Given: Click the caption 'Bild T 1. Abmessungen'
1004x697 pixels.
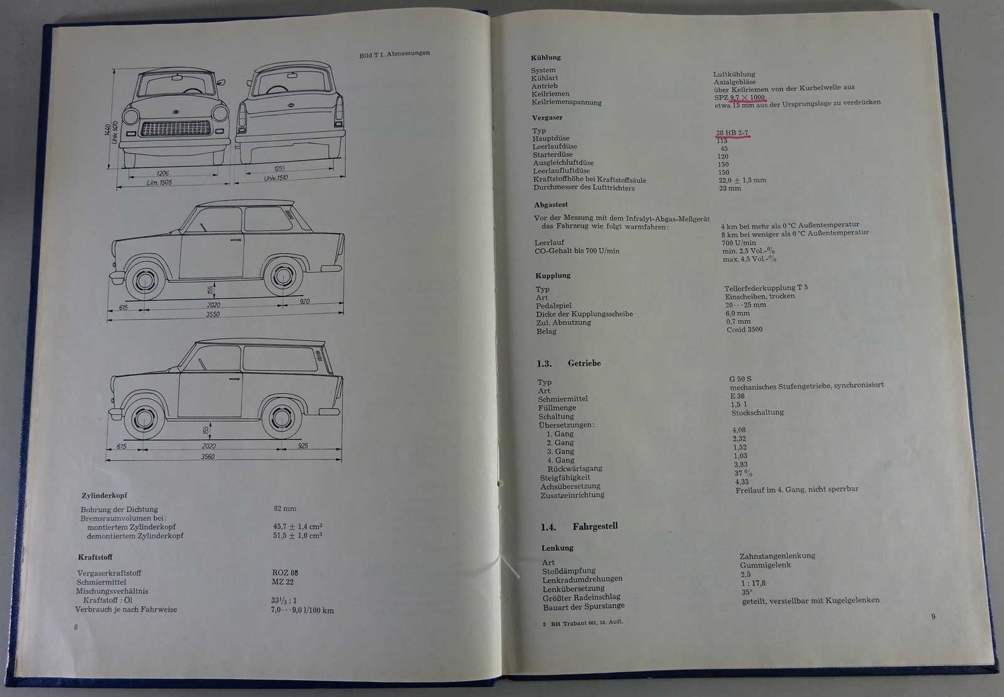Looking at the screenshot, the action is click(395, 54).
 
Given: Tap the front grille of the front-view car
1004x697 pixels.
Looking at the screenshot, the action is click(176, 128).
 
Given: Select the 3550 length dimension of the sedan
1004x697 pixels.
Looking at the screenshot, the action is click(213, 314).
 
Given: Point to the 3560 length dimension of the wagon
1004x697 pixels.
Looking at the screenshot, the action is click(208, 456).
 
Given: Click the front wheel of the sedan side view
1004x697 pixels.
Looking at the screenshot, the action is click(145, 281).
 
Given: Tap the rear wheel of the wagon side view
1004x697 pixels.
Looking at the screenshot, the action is click(282, 419).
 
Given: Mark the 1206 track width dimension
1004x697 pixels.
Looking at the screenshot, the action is click(163, 173).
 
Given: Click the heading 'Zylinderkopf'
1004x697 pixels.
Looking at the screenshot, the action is click(104, 496).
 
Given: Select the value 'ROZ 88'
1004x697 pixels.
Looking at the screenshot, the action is click(285, 572).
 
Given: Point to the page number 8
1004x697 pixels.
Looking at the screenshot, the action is click(76, 627).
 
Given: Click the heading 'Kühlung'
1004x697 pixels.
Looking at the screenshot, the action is click(545, 57).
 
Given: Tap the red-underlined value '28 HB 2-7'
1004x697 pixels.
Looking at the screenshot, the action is click(732, 132).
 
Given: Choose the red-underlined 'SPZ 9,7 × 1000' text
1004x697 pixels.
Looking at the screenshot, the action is click(740, 98).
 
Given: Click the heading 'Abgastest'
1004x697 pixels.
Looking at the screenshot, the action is click(551, 204).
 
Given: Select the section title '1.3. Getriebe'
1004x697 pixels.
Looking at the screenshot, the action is click(569, 363).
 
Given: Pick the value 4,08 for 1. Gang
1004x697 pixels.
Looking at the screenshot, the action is click(739, 430).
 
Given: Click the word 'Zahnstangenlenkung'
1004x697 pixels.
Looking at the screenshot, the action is click(777, 556).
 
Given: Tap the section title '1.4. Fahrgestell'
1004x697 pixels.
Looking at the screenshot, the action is click(579, 527).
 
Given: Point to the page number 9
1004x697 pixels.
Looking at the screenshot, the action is click(933, 616).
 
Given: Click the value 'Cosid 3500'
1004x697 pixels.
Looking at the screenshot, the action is click(744, 330).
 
